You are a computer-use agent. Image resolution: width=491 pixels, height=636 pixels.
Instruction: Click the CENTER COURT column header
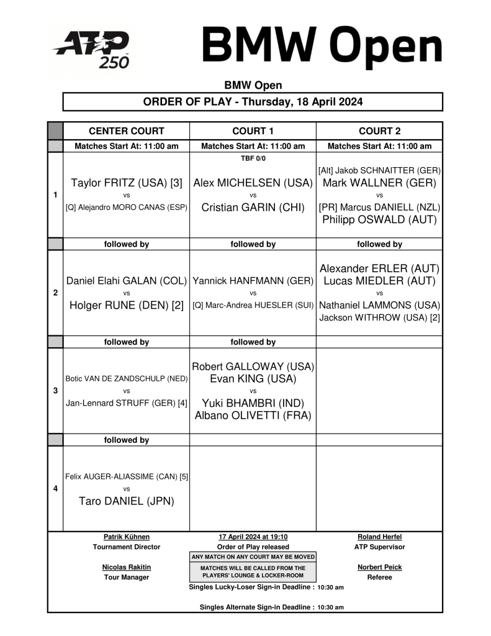point(127,131)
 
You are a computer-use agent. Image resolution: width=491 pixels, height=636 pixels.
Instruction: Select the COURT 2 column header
point(379,131)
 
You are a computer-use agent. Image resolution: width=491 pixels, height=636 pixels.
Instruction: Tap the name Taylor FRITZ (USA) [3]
point(127,183)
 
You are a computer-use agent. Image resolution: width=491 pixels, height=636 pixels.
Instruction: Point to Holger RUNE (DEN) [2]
point(127,305)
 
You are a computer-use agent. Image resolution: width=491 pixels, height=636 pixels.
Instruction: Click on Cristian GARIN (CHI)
point(253,207)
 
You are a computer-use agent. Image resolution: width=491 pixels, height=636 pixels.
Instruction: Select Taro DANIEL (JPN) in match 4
point(127,501)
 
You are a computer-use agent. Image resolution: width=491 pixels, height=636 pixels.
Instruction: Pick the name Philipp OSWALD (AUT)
point(379,219)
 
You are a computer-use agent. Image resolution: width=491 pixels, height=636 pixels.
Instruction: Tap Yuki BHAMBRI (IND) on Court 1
point(253,403)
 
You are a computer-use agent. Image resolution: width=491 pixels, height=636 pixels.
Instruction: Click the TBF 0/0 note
point(253,158)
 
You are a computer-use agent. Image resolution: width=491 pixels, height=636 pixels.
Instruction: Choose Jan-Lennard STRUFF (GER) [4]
point(127,403)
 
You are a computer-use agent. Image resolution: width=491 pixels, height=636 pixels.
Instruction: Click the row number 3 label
point(56,391)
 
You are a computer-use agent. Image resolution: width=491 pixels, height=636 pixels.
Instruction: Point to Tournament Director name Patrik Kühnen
point(127,537)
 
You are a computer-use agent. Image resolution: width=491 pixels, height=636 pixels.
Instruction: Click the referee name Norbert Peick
point(379,567)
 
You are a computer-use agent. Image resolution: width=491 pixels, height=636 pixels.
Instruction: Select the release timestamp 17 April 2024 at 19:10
point(253,537)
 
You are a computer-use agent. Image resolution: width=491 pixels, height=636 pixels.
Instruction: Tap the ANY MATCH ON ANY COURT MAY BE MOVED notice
point(253,556)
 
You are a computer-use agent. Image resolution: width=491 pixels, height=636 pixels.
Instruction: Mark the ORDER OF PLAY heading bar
point(253,102)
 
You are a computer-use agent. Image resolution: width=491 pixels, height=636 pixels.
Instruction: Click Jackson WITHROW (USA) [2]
point(379,317)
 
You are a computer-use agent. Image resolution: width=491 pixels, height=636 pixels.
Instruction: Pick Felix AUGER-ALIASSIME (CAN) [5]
point(127,477)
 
